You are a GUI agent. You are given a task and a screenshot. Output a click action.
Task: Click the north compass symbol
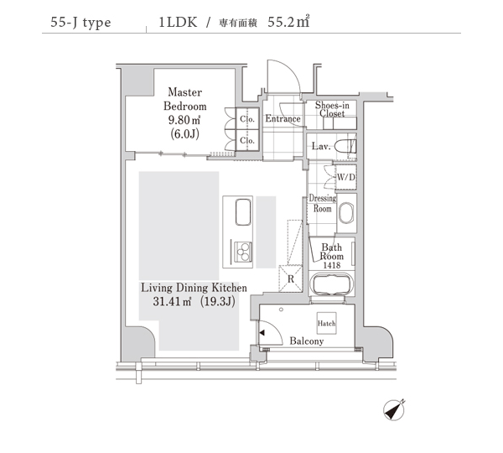(394, 409)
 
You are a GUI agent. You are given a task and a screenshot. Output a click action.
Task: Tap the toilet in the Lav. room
(345, 147)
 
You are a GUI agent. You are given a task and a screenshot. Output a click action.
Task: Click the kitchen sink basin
(243, 212)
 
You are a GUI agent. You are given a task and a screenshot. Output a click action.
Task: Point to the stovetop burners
(243, 253)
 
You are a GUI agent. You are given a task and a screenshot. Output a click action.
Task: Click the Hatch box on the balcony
(327, 323)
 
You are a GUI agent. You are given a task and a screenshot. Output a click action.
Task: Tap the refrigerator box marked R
(291, 279)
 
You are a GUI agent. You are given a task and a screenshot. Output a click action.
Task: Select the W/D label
(346, 177)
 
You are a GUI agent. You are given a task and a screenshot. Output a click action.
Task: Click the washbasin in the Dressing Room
(346, 213)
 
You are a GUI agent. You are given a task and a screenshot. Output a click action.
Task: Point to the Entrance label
(283, 119)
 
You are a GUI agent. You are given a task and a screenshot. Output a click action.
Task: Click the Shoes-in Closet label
(332, 109)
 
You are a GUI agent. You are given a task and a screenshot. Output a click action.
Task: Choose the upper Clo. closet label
(247, 119)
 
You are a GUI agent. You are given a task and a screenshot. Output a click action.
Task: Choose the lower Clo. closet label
(247, 140)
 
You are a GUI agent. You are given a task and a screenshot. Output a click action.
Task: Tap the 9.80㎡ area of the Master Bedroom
(184, 120)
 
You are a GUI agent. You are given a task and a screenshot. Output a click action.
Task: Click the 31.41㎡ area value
(172, 301)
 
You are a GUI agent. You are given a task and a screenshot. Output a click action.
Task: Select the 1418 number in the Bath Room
(332, 265)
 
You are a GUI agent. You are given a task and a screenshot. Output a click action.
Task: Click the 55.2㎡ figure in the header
(288, 22)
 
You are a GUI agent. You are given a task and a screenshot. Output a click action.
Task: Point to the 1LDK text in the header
(178, 22)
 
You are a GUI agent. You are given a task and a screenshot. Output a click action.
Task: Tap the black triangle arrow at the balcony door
(262, 333)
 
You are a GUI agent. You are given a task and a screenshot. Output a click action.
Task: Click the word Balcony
(306, 341)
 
